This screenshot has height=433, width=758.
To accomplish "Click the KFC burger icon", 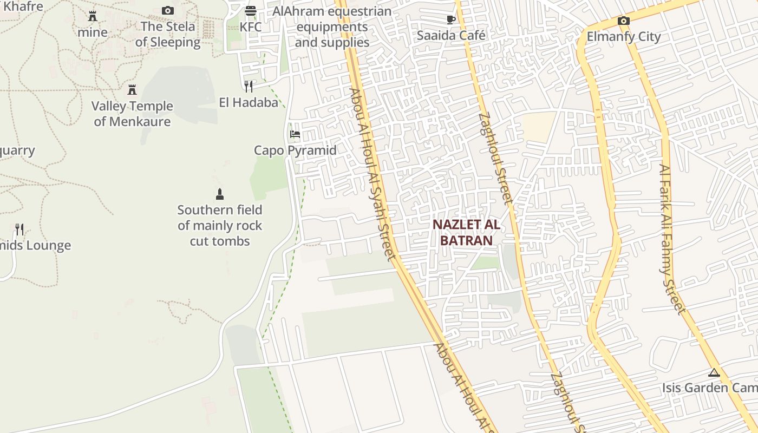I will click(250, 10).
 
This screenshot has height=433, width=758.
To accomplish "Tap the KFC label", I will click(250, 27).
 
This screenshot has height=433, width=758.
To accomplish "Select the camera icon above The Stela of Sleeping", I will click(168, 10).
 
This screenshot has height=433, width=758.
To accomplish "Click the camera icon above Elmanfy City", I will click(624, 21).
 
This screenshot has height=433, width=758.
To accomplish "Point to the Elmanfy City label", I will click(624, 37).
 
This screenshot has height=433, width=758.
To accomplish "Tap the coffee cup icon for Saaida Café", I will click(450, 19).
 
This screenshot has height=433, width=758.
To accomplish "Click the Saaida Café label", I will click(450, 35).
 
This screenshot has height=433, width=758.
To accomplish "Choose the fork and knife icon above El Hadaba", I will click(249, 86).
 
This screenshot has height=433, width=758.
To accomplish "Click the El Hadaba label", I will click(249, 102).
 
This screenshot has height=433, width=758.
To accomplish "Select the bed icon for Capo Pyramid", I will click(295, 134).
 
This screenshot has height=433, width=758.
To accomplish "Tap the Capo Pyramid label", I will click(295, 150).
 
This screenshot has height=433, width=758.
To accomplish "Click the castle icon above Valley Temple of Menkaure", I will click(132, 89).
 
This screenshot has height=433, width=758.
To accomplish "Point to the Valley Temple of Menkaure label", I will click(132, 114).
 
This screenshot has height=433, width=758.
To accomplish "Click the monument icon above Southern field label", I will click(220, 194).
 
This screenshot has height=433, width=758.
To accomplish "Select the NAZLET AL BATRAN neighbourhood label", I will click(466, 232).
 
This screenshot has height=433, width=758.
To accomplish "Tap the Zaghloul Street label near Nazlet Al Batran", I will click(495, 158).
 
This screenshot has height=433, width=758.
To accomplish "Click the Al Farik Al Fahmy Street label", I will click(672, 238).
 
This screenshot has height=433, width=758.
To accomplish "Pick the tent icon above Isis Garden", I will click(714, 372).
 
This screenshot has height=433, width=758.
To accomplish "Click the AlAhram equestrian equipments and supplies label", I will click(332, 27).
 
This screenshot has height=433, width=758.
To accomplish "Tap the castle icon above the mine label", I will click(93, 16).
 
